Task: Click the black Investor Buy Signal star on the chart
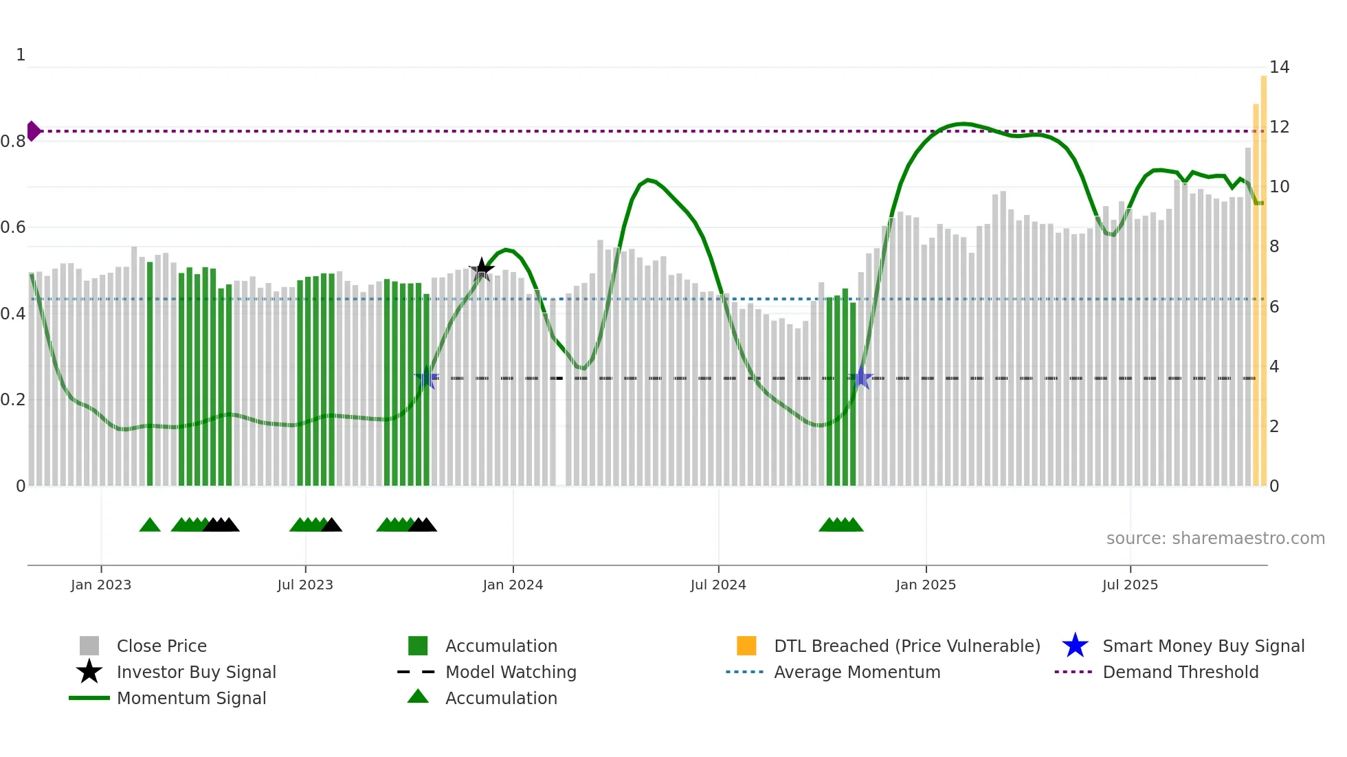tap(482, 269)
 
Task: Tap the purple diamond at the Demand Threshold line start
tap(34, 131)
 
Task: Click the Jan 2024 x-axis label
tap(513, 585)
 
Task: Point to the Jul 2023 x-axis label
tap(305, 585)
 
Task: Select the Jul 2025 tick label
tap(1130, 585)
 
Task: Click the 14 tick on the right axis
tap(1279, 67)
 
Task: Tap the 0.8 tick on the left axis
tap(13, 142)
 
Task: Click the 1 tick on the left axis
tap(21, 55)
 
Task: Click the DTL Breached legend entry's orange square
tap(746, 646)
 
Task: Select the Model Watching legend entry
tap(510, 672)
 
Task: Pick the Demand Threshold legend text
tap(1180, 672)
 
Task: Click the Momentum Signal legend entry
tap(191, 698)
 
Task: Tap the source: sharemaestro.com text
tap(1215, 539)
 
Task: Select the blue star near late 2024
tap(861, 378)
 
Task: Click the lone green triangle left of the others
tap(150, 526)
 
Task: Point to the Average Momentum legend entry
tap(856, 672)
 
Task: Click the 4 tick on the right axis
tap(1274, 367)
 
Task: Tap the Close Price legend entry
tap(161, 646)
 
